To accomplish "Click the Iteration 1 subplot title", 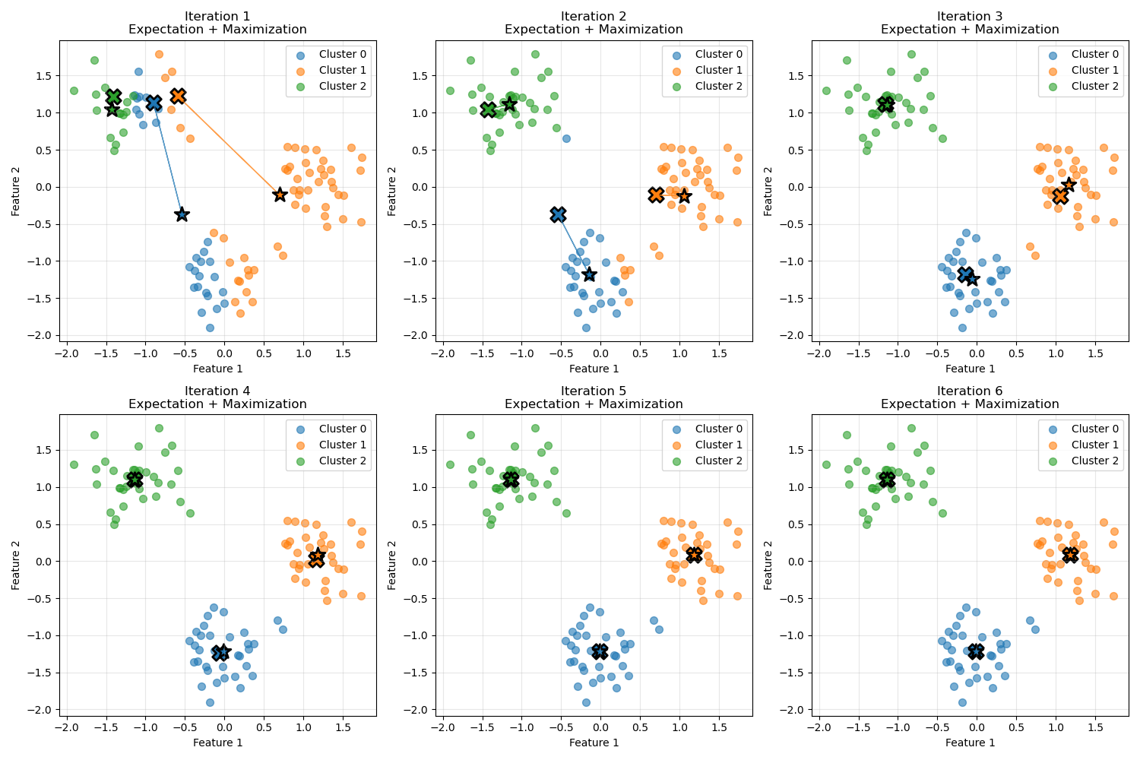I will pos(217,23).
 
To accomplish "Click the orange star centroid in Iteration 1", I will pos(280,195).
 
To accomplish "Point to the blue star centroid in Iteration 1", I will pos(182,214).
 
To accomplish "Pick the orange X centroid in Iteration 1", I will pos(178,96).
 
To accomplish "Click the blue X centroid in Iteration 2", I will pos(558,214).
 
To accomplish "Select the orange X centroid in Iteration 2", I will pos(656,195).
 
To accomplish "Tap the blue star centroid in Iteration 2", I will pos(589,274).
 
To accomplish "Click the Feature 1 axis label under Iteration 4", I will pos(217,743).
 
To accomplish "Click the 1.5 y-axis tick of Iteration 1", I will pos(47,76).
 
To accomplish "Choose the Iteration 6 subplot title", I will pos(970,397).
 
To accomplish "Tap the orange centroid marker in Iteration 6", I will pos(1070,554).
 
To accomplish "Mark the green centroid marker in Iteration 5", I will pos(511,480).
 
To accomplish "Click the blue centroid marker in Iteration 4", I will pos(221,653).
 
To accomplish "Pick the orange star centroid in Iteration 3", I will pos(1069,185).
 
